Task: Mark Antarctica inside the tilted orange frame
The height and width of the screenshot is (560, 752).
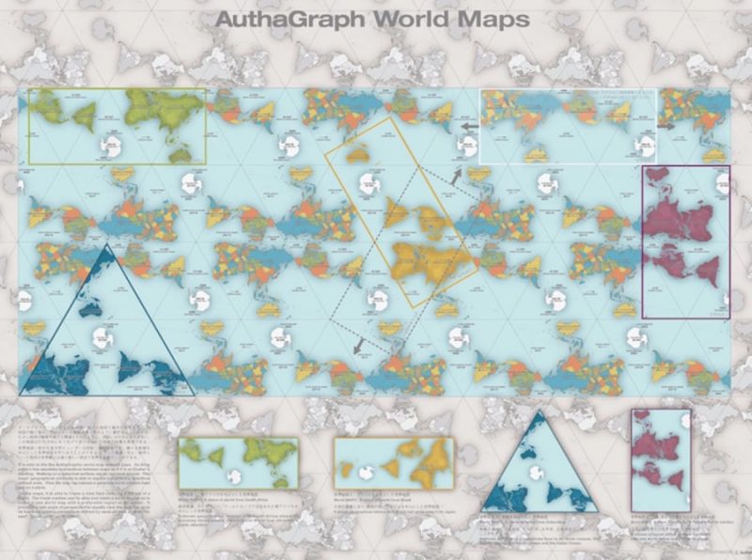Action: pyautogui.click(x=355, y=155)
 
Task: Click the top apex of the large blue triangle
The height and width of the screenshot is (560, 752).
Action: pyautogui.click(x=106, y=245)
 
